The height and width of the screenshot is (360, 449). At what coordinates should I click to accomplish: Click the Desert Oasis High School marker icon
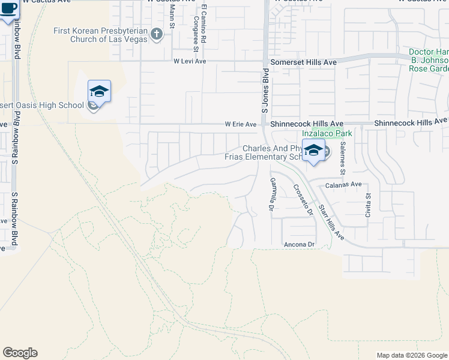coord(99,92)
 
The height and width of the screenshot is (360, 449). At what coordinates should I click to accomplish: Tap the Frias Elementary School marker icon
coord(313,151)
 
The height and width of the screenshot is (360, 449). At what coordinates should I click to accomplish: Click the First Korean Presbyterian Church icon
coord(157,34)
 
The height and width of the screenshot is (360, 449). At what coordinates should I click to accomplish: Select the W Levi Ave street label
coord(189,61)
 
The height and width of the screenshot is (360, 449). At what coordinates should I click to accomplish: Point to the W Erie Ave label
coord(241,124)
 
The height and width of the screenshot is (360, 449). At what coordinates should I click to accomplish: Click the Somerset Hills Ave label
coord(303,61)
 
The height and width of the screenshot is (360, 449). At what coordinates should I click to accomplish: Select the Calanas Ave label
coord(343,184)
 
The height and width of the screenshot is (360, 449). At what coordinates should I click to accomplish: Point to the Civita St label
coord(369,204)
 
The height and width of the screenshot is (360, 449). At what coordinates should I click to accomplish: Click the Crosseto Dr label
coord(303,199)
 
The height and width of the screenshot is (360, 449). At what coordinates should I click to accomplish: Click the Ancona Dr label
coord(299,245)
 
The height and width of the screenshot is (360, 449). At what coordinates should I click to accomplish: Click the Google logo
coord(20,353)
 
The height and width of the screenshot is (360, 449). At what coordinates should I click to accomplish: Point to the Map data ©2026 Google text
coord(411,355)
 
